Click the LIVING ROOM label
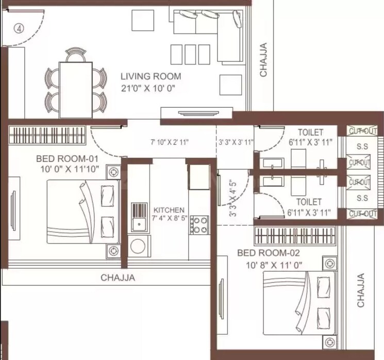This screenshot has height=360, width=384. coord(151,76)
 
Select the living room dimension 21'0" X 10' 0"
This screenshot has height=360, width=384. coord(148,88)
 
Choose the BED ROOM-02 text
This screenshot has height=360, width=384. coord(268,253)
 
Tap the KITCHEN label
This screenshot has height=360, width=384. coord(169,210)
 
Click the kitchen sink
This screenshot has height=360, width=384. coord(139,217)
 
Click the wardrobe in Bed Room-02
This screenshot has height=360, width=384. coord(295,236)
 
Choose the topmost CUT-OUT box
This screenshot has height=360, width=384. coord(359,132)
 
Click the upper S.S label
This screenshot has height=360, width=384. coord(362,147)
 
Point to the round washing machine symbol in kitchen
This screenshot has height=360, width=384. coord(138,247)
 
